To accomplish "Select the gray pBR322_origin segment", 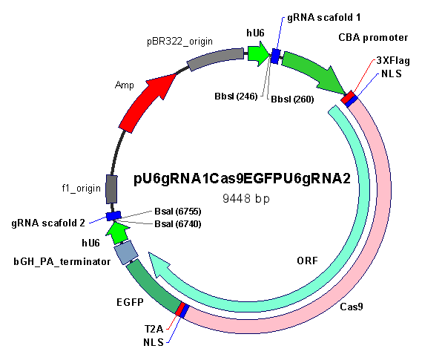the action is click(215, 59).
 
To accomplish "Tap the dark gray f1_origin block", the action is click(111, 189).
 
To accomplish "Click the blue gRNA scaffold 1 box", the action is click(275, 56).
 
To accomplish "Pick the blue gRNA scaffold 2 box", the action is click(113, 216).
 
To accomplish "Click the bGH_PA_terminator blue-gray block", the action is click(126, 252).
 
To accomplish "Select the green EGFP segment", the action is click(152, 286).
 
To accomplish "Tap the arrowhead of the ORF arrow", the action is click(159, 266).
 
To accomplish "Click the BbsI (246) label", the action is click(236, 96).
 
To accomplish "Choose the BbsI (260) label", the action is click(292, 99).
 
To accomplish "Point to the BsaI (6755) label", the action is click(178, 212).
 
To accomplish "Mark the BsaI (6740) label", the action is click(178, 223).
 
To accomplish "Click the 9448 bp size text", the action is click(246, 198).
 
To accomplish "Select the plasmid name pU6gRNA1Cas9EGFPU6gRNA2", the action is click(243, 178).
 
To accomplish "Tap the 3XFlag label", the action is click(393, 60).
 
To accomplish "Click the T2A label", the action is click(154, 329).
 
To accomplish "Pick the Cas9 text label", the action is click(352, 307).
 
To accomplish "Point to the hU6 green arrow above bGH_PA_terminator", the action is click(117, 232).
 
